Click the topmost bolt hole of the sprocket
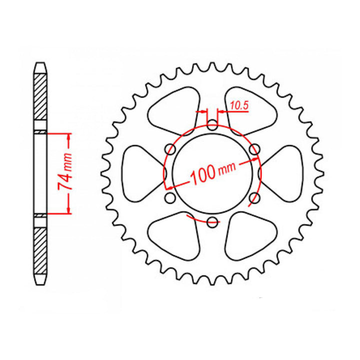[212, 125]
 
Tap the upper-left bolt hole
[170, 149]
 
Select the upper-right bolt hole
[254, 149]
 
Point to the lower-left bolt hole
[170, 198]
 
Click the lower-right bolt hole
[254, 198]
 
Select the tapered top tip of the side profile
[40, 66]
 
